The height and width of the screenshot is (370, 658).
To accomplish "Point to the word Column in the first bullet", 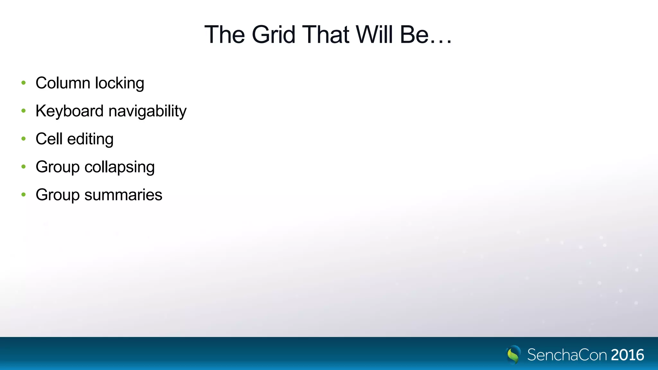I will pos(63,83).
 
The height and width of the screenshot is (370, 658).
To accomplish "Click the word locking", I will pos(120,83).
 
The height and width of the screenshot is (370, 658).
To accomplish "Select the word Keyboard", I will pos(69,111).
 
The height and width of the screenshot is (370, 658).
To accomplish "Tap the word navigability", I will pos(147,111).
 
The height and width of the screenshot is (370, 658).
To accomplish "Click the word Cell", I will pos(49,139).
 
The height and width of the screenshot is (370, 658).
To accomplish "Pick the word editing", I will pos(90,139).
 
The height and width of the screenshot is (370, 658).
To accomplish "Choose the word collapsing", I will pos(120,167).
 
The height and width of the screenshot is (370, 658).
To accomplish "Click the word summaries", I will pos(123,195).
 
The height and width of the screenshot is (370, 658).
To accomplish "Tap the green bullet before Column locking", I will pos(23,83).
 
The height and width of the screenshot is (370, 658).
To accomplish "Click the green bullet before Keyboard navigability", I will pos(23,111).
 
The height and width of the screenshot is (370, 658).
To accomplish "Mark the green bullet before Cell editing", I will pos(23,139).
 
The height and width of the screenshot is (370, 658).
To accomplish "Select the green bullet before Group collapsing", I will pos(23,167).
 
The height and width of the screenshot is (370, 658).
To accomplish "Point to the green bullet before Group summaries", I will pos(23,195).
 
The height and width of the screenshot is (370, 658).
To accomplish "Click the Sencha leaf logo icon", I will pos(513,354).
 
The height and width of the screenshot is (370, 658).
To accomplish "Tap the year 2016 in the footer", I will pos(627,355).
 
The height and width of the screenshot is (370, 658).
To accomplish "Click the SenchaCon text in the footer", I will pos(567,355).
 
